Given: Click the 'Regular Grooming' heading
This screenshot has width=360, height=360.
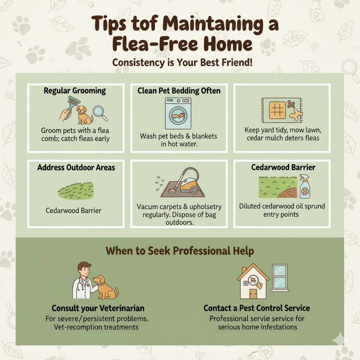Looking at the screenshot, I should (x=75, y=91).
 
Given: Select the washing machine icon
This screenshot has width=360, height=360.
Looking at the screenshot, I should (x=179, y=114).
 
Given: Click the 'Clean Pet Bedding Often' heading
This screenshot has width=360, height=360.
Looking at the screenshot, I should (x=179, y=91).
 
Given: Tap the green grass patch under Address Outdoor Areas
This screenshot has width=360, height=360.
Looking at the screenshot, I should (x=76, y=191).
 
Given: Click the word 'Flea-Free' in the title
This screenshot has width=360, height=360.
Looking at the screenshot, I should (x=148, y=45).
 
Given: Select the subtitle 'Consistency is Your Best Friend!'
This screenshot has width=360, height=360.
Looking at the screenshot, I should (x=180, y=63).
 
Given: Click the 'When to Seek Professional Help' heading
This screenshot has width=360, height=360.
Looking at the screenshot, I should (x=180, y=251).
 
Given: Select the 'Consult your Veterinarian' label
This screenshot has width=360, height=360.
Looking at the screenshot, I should (x=98, y=308).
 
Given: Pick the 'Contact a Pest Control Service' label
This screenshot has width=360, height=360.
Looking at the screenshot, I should (x=257, y=308).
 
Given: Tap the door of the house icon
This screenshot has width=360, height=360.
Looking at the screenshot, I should (x=253, y=293).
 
